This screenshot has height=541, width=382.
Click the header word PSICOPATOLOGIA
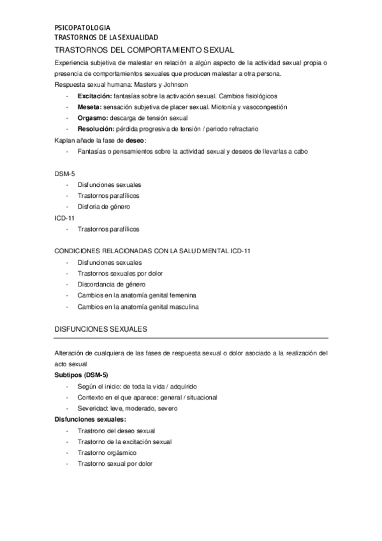coord(83,28)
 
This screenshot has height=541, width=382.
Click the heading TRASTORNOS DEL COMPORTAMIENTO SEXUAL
coord(145,49)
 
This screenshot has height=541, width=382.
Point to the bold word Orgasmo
coord(92,118)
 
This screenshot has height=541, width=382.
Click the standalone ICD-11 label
coord(65,218)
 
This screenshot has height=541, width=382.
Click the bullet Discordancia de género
coord(112,285)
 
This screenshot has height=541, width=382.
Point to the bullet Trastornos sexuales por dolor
coord(120,273)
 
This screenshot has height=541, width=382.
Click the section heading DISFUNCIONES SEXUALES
coord(102,329)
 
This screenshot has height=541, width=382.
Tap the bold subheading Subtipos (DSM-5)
coord(82,375)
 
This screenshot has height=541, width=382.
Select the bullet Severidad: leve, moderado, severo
coord(128,408)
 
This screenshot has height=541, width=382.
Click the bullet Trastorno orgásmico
coord(107,453)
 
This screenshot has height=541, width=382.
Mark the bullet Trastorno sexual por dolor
coord(115,464)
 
